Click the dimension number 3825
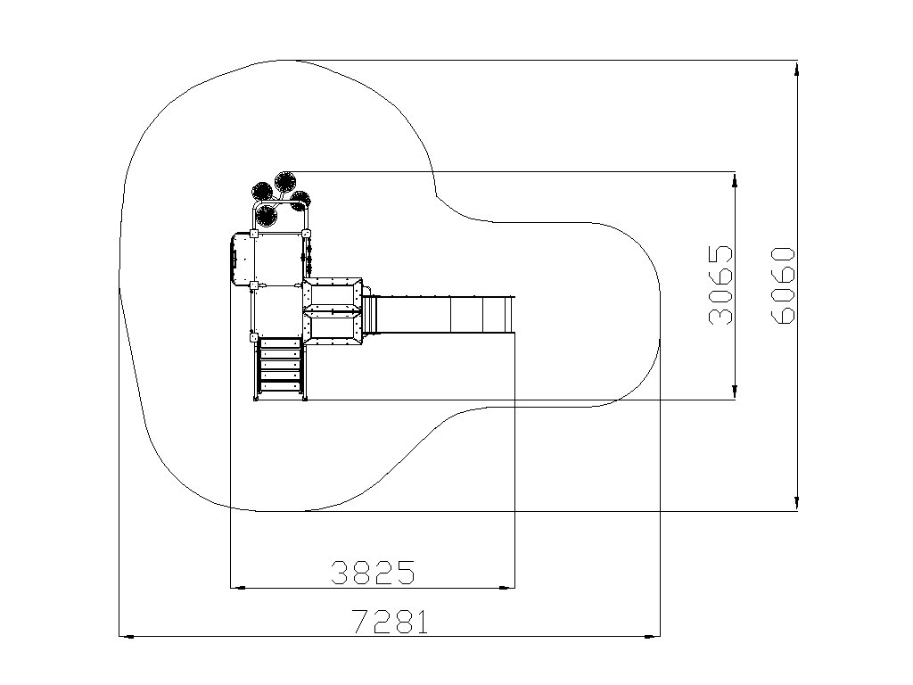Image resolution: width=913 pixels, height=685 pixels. [x=374, y=573]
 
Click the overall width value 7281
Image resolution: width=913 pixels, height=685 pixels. [x=391, y=622]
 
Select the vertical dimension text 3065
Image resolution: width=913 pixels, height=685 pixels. [x=720, y=285]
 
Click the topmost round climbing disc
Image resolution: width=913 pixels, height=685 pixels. [x=284, y=182]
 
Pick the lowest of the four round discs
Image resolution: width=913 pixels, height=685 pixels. [x=266, y=216]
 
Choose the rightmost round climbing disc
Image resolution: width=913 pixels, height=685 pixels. [x=301, y=201]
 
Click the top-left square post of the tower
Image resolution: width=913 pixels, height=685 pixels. [x=254, y=235]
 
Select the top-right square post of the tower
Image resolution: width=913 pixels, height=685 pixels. [x=307, y=235]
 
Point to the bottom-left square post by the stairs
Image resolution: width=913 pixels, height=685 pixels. [x=254, y=337]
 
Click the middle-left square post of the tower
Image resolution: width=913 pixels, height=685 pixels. [x=254, y=285]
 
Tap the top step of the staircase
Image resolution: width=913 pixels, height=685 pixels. [x=280, y=343]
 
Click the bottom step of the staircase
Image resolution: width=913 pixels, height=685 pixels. [x=280, y=385]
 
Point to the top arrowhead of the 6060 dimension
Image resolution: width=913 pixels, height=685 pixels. [x=796, y=68]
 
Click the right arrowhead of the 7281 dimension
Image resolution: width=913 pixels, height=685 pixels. [x=653, y=636]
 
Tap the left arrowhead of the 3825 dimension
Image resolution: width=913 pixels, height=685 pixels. [x=238, y=588]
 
